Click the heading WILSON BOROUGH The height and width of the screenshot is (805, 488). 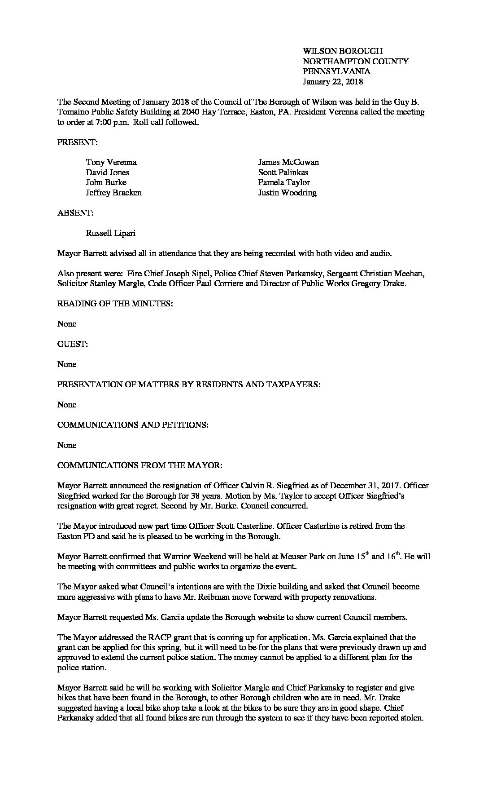(x=343, y=51)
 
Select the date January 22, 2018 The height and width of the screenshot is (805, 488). (x=333, y=82)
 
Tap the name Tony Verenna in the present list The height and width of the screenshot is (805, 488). (x=111, y=162)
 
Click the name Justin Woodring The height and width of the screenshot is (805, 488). (x=287, y=193)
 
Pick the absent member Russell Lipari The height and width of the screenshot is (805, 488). (x=111, y=233)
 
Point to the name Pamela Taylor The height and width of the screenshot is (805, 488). (x=284, y=182)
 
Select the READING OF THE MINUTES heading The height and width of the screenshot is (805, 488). (x=115, y=304)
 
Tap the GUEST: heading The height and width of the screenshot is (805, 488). (x=73, y=344)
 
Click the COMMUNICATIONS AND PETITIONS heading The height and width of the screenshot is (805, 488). (x=133, y=425)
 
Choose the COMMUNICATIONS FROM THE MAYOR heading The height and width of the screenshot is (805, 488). (x=139, y=465)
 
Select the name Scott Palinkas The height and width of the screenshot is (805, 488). (x=283, y=172)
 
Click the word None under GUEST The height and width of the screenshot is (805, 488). (x=67, y=364)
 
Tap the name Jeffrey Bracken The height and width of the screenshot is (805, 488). (x=114, y=193)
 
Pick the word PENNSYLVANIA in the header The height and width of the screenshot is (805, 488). (x=336, y=71)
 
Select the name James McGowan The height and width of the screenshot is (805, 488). (x=288, y=162)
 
